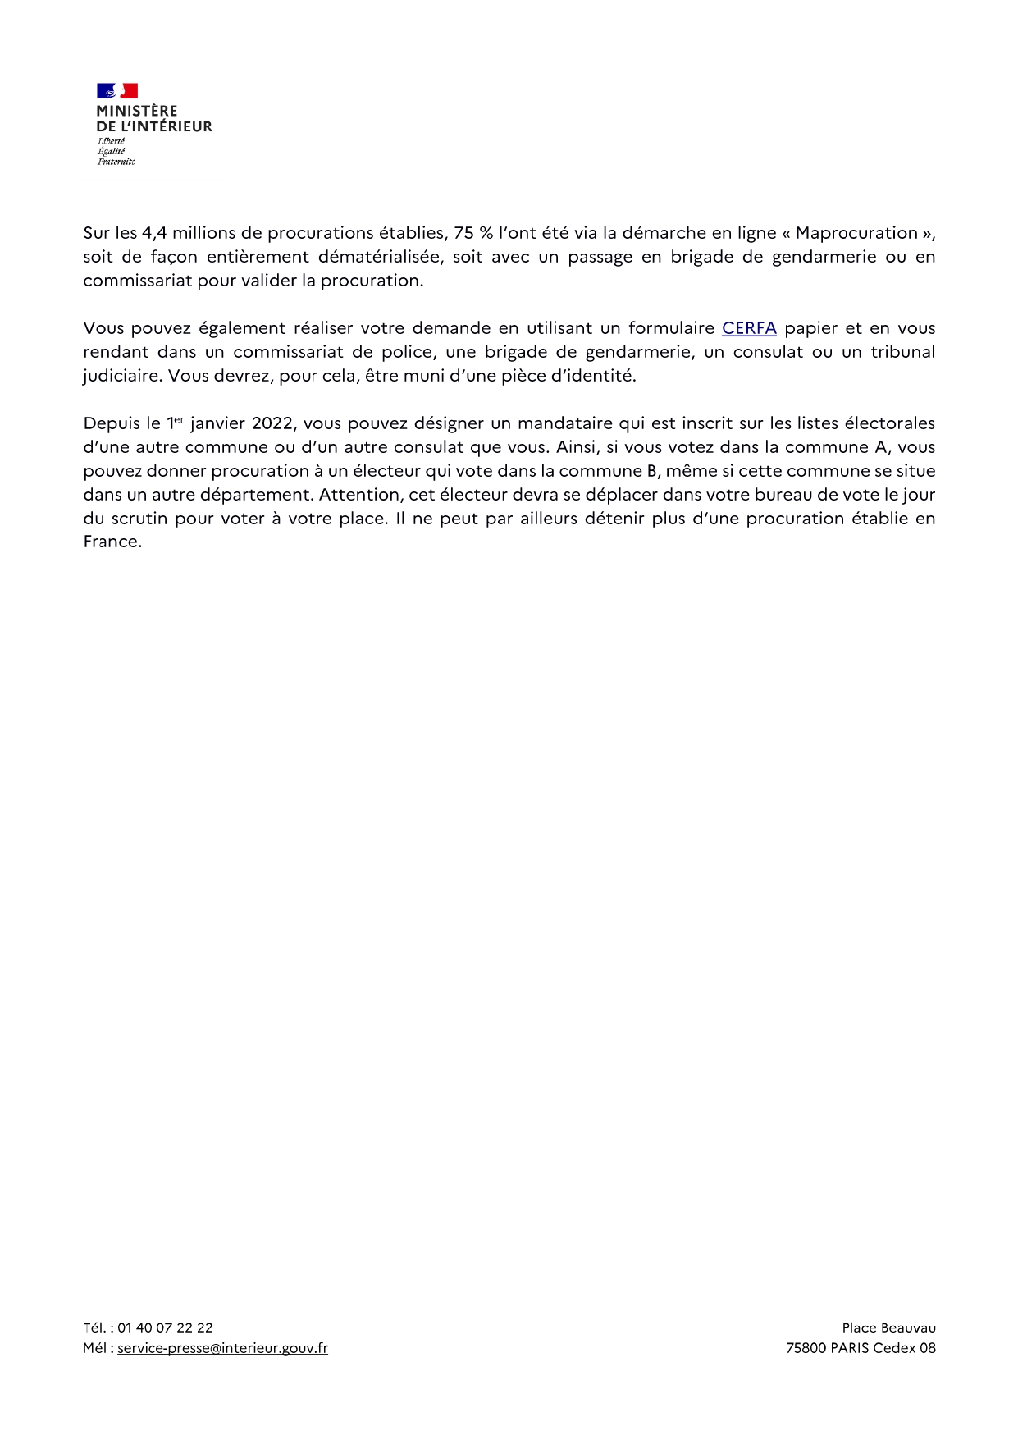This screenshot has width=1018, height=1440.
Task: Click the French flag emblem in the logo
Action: click(x=116, y=91)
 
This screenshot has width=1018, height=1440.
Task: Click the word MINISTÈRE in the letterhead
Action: click(x=136, y=111)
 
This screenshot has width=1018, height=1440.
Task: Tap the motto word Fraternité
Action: click(x=116, y=162)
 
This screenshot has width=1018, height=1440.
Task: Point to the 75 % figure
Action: click(x=473, y=233)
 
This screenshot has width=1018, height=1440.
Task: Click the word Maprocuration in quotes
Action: click(x=856, y=233)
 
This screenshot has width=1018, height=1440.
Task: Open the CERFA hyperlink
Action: click(x=749, y=328)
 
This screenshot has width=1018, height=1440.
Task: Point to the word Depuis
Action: click(x=111, y=423)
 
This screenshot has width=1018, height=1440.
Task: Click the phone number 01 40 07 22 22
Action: click(x=165, y=1328)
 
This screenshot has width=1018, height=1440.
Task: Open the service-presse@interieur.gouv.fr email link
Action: click(x=222, y=1348)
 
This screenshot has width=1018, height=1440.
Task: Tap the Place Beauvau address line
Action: click(x=888, y=1328)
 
